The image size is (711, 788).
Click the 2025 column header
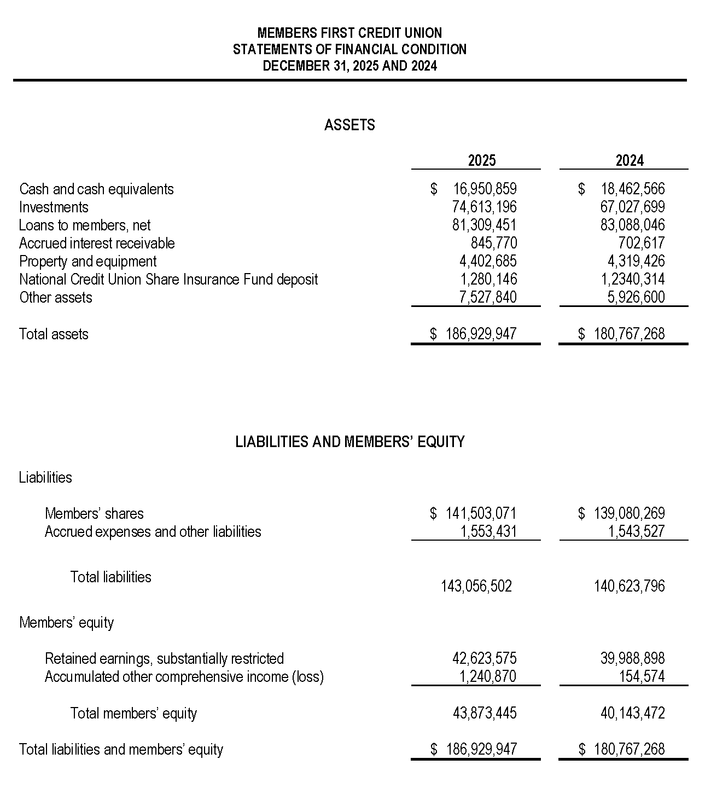click(x=481, y=160)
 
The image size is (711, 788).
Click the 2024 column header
click(x=630, y=160)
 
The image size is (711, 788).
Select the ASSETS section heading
click(x=349, y=125)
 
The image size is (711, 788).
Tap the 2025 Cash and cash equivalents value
click(x=485, y=189)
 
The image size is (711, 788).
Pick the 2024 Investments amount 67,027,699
click(x=633, y=207)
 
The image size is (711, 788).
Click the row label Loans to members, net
click(x=85, y=225)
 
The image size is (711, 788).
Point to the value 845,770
click(x=493, y=244)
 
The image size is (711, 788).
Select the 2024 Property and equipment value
click(x=636, y=262)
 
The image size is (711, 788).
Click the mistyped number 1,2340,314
click(x=633, y=280)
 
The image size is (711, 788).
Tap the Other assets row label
click(x=56, y=298)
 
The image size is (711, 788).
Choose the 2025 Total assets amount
click(x=481, y=334)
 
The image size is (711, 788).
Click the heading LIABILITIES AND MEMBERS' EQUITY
click(x=350, y=442)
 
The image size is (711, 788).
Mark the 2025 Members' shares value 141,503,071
click(x=481, y=513)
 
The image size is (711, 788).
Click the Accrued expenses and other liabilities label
click(x=153, y=532)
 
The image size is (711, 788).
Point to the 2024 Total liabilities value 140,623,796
click(x=630, y=587)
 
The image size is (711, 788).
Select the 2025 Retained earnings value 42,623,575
click(x=485, y=658)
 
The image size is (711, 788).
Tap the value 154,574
click(x=642, y=677)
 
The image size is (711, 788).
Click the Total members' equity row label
click(x=133, y=714)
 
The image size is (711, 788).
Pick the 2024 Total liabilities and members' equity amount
click(x=629, y=749)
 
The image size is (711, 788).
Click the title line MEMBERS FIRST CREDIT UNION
click(x=349, y=33)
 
